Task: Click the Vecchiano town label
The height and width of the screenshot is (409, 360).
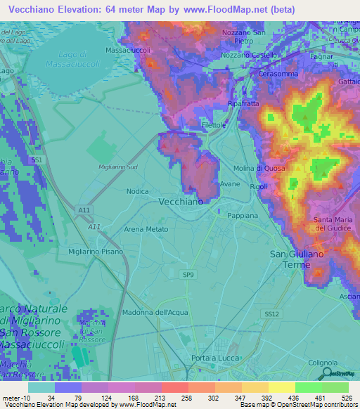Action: point(181,201)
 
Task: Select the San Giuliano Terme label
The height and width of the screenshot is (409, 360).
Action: point(295,258)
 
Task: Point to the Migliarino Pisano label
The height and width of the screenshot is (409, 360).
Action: point(96,251)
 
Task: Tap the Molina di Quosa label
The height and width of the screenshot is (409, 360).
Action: point(259,169)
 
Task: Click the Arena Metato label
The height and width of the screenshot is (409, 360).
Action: point(146,230)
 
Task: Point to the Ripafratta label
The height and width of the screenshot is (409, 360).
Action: point(243,103)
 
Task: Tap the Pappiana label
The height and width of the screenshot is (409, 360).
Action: point(243,216)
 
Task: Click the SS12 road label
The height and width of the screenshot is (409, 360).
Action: point(271,313)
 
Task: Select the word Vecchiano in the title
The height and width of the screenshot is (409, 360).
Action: point(37,9)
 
